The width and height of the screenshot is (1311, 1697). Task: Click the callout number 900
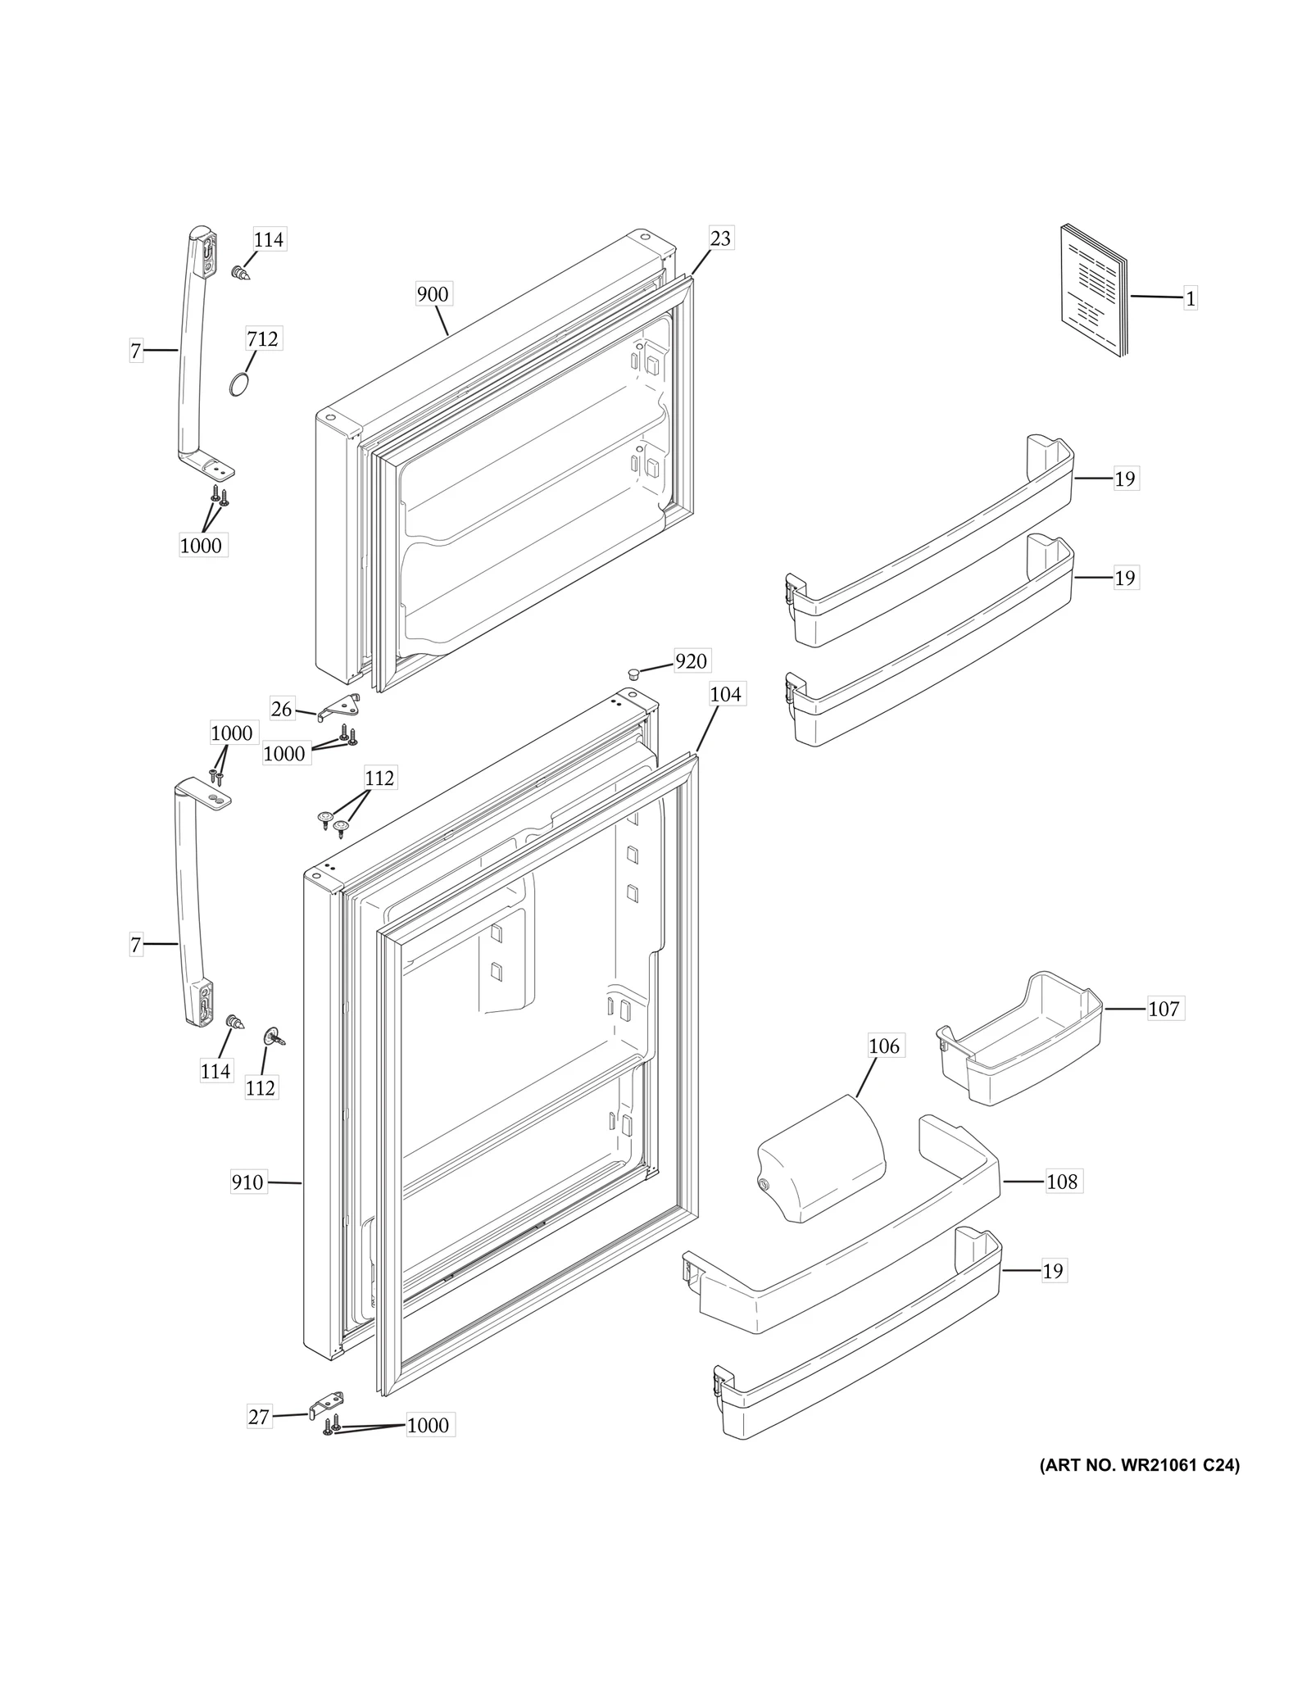433,294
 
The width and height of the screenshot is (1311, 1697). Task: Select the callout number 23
720,238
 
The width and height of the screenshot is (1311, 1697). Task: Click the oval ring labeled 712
238,385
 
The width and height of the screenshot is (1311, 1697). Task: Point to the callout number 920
691,661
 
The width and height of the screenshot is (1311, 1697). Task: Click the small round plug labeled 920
633,673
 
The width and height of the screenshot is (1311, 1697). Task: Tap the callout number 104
725,695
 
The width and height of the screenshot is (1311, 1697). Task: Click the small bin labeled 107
1020,1037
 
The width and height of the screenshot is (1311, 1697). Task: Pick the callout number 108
1062,1182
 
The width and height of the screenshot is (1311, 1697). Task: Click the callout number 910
247,1182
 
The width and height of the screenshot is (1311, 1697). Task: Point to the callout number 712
262,338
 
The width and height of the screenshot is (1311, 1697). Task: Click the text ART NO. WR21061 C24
1139,1489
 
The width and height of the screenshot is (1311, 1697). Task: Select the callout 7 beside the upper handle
136,352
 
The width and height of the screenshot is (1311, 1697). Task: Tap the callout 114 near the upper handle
268,239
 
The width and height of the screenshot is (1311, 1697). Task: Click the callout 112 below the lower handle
260,1087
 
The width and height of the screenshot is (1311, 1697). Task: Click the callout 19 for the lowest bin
1053,1271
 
